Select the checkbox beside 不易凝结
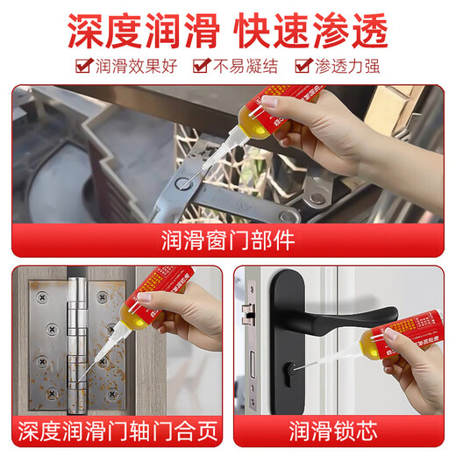pos(201,64)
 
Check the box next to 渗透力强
pos(303,64)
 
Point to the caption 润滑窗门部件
pos(227,239)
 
